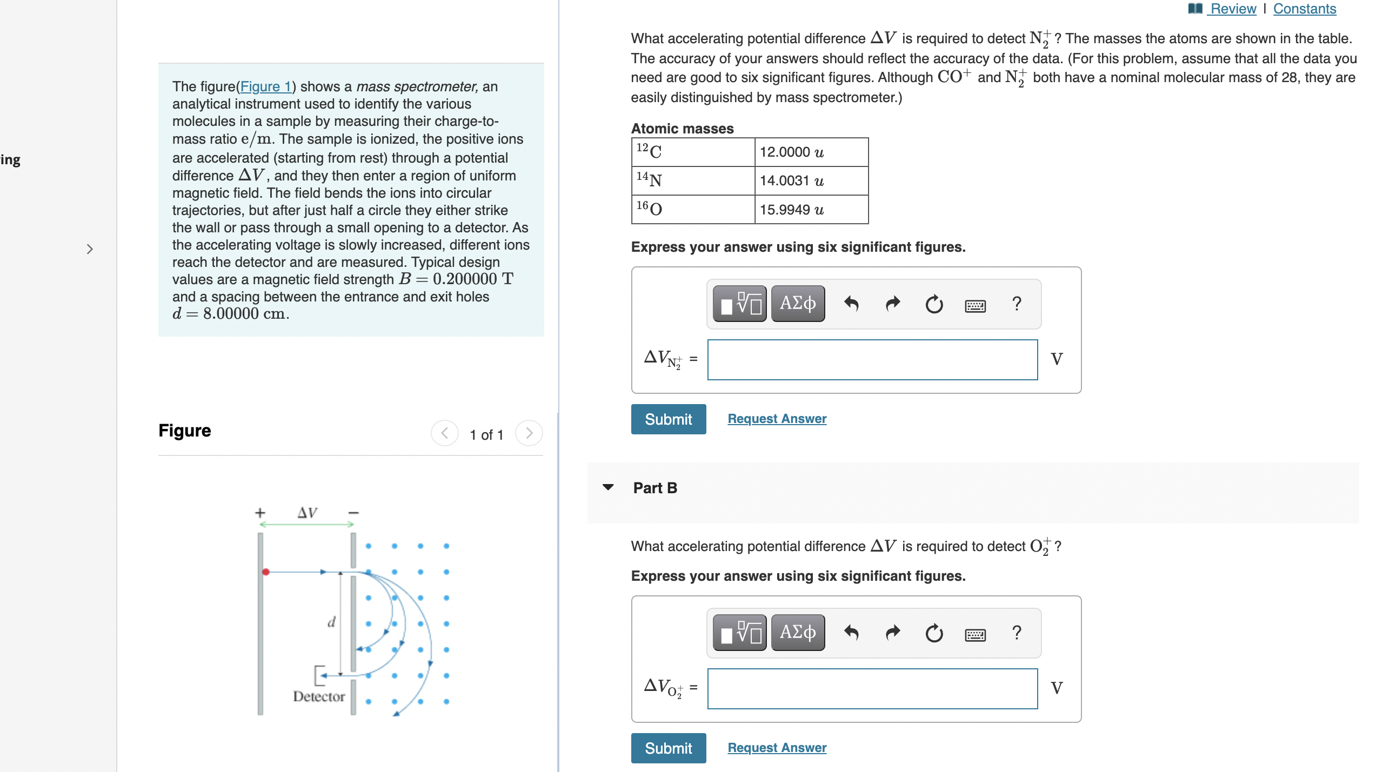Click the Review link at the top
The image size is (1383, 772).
[1232, 9]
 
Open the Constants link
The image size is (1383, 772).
[1304, 9]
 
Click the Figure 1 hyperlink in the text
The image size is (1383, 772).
[265, 86]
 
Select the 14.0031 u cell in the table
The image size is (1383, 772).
[811, 180]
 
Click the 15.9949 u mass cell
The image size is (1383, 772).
[811, 210]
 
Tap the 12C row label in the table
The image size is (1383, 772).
[692, 152]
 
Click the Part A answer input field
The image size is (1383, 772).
[872, 360]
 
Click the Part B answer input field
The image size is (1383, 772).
[872, 689]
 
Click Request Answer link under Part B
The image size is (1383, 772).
[777, 748]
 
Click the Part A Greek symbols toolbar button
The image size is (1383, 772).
[797, 304]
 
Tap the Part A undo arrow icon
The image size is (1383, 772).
[851, 304]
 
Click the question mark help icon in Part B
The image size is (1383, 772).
[1016, 633]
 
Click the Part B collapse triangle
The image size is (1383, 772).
[608, 487]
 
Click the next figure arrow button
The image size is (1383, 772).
[529, 433]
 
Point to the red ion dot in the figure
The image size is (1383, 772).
[266, 572]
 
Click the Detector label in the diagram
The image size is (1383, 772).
[319, 696]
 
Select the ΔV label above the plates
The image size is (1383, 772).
[307, 513]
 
